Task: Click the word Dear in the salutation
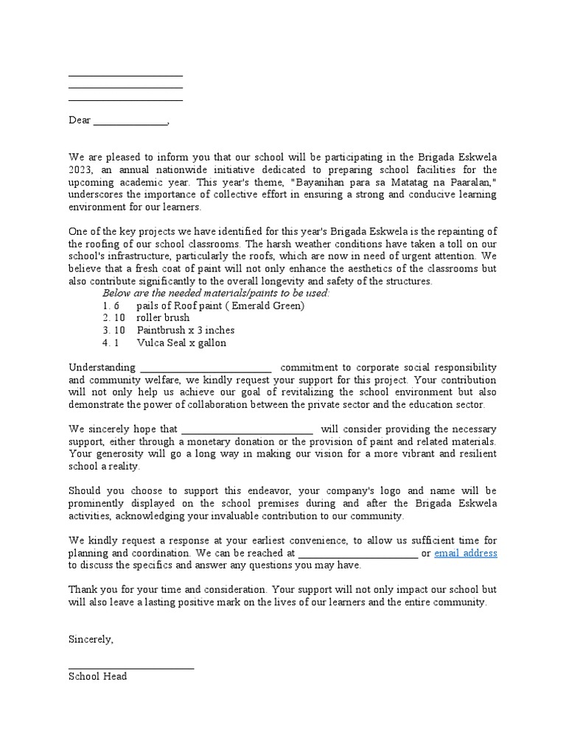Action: [79, 120]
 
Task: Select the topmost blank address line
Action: [125, 76]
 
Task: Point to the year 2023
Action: [80, 169]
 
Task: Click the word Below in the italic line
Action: [116, 293]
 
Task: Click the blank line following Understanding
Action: [206, 370]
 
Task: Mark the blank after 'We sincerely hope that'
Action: [247, 431]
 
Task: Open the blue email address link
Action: [465, 553]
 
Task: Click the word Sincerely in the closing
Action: [91, 639]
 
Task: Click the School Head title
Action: [97, 676]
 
